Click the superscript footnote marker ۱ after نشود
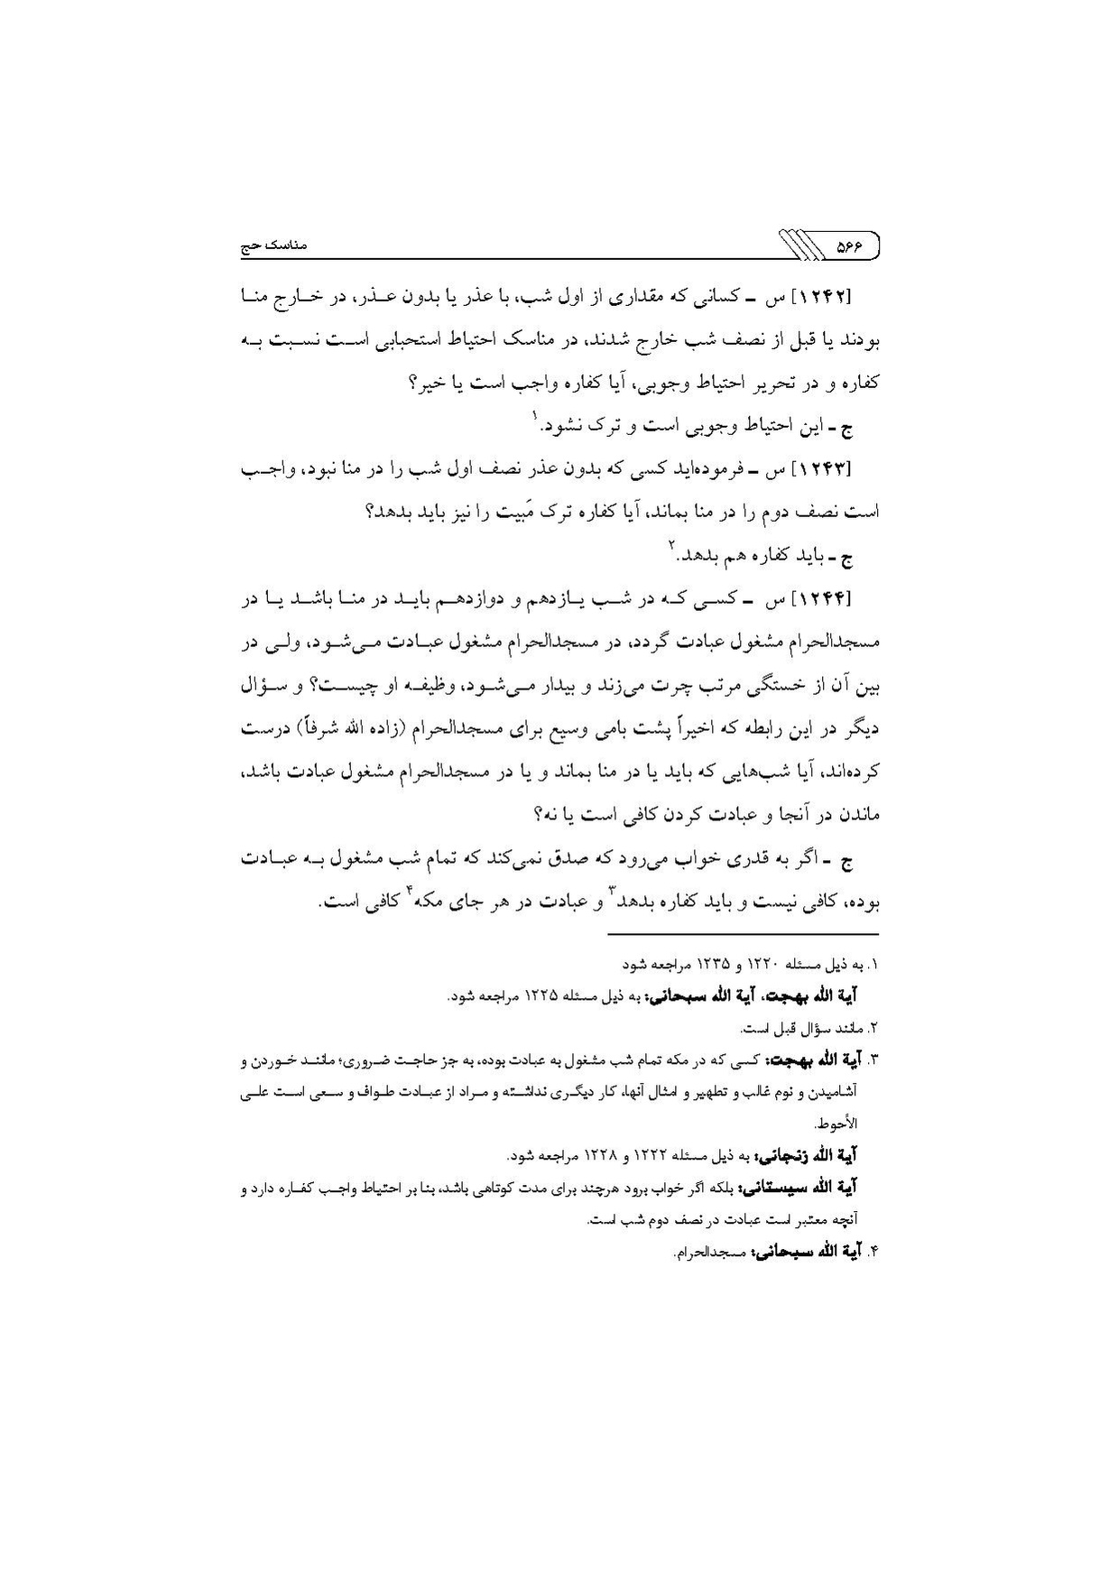[x=534, y=415]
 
